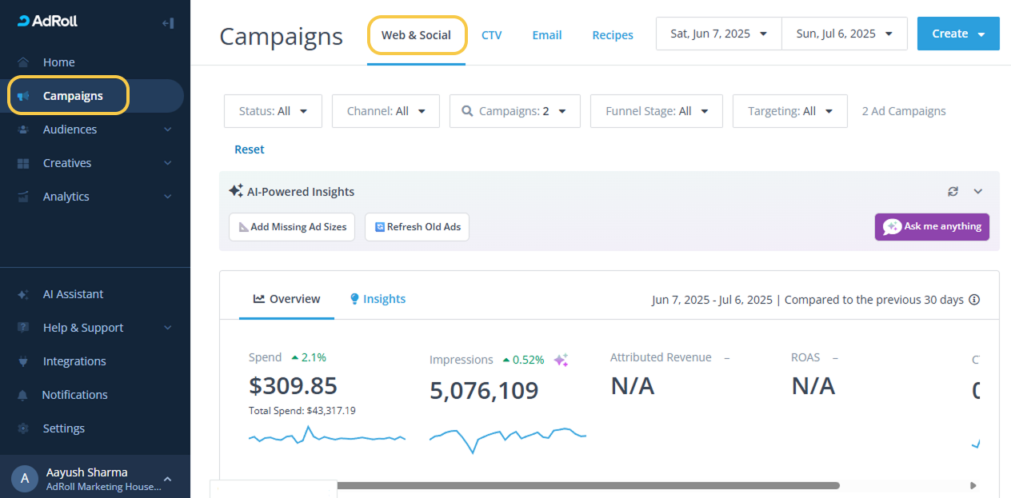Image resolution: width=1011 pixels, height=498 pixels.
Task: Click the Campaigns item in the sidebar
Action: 72,96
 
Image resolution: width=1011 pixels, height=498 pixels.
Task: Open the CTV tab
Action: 491,35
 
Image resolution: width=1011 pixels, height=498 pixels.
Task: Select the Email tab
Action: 547,35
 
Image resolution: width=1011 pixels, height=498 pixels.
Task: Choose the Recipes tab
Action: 613,35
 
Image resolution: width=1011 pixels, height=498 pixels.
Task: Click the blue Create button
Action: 957,34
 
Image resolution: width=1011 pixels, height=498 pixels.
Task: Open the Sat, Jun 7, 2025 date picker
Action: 718,34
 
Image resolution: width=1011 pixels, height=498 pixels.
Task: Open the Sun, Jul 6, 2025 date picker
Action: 844,34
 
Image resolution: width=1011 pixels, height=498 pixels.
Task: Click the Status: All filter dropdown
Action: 273,111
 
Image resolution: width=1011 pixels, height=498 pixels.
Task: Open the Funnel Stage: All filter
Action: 656,111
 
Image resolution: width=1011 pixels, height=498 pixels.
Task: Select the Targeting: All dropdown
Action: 789,111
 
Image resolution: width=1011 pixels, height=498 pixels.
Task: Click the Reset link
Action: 250,149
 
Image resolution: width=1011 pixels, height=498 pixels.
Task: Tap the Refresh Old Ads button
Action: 417,227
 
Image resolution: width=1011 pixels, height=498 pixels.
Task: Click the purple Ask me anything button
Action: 932,227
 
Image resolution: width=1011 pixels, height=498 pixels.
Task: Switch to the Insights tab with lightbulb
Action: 378,299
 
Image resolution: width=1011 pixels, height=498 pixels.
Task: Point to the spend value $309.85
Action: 293,386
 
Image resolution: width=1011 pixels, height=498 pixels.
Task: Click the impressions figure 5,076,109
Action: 484,391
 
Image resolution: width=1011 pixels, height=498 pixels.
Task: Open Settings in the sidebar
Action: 63,428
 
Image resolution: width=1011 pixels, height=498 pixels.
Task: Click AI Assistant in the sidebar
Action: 73,294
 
